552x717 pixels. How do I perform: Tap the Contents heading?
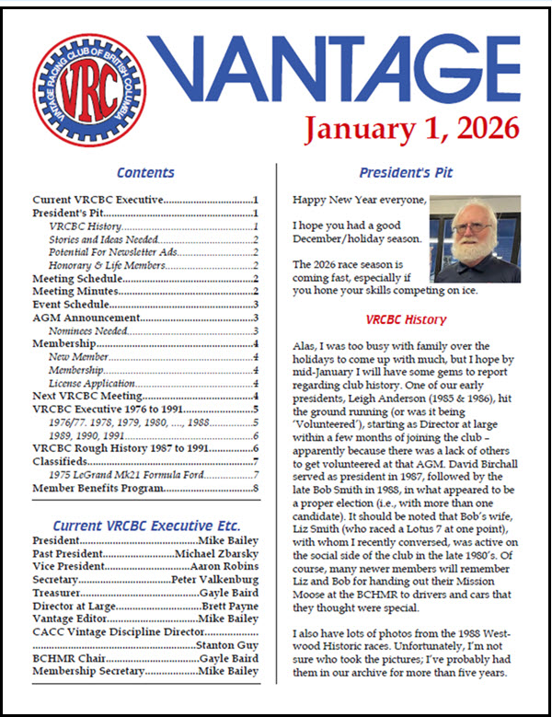pos(145,172)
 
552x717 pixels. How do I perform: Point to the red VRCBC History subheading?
pos(406,319)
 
